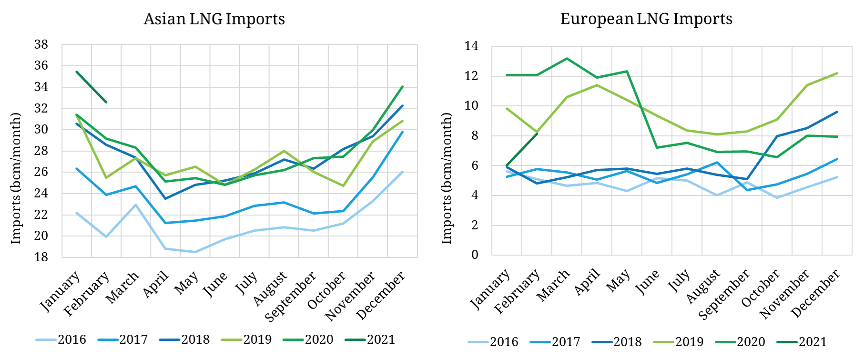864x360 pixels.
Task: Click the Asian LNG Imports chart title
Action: click(x=214, y=19)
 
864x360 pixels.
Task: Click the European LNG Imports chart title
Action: click(x=646, y=19)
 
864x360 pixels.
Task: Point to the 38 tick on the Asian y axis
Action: click(x=41, y=45)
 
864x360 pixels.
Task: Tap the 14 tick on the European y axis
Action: click(x=471, y=46)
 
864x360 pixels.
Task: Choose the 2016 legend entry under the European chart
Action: click(x=504, y=342)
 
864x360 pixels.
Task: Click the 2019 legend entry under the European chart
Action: click(x=689, y=342)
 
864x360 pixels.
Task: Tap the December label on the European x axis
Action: click(x=816, y=293)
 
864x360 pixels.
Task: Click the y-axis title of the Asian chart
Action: click(x=16, y=178)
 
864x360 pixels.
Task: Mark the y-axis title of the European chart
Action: click(x=447, y=178)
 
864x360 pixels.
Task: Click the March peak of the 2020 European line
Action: click(x=567, y=59)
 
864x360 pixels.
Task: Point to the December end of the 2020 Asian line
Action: click(x=403, y=87)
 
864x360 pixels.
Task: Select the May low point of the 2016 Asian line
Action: click(x=195, y=252)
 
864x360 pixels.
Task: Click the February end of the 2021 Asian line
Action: click(x=106, y=102)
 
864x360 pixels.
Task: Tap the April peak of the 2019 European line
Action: click(x=597, y=85)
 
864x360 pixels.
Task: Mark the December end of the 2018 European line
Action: click(x=837, y=112)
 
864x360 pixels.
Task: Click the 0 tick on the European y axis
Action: click(x=475, y=255)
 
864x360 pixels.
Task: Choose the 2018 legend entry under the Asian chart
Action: click(x=195, y=339)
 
